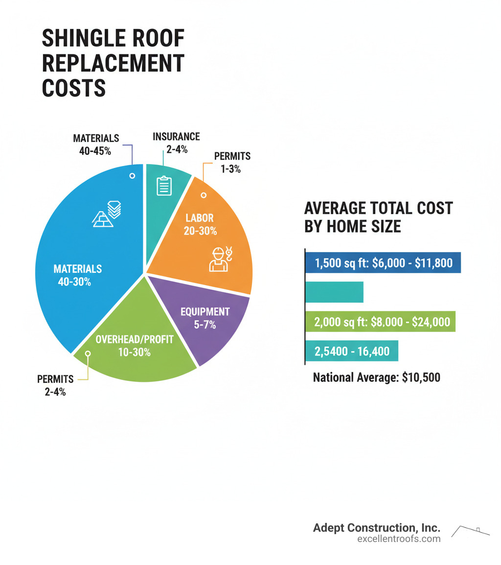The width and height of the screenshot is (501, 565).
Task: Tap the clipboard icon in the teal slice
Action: [164, 186]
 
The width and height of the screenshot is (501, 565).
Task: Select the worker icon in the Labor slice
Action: [219, 259]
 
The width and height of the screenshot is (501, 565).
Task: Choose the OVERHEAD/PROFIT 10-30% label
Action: [134, 345]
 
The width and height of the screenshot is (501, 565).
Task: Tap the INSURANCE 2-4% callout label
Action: [176, 142]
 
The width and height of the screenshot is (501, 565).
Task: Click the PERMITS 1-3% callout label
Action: [232, 162]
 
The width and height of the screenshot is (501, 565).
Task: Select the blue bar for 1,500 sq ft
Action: [383, 263]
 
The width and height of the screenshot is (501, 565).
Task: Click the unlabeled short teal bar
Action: [335, 292]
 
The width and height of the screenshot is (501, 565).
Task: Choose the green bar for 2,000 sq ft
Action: [380, 322]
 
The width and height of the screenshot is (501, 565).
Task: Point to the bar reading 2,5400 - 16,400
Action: [352, 351]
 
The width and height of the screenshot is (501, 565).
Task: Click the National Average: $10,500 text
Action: [376, 377]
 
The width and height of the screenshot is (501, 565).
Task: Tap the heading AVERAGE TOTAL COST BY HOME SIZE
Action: [378, 217]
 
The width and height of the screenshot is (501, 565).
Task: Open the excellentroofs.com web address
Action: [399, 539]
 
